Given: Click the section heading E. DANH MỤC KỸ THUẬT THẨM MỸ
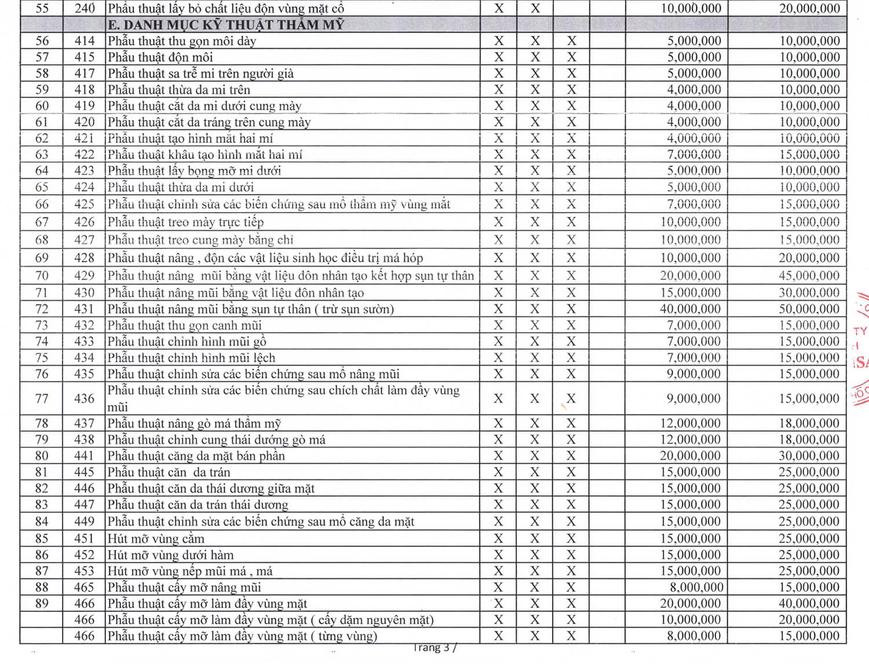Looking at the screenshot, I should click(226, 25).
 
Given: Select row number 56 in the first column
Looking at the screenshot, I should click(42, 41).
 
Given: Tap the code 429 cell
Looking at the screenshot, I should click(84, 276).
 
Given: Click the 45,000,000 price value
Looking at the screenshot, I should click(809, 276).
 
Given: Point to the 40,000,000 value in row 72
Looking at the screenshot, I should click(690, 309).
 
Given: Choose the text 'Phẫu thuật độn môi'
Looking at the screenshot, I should click(160, 57).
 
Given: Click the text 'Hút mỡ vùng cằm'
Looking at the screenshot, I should click(156, 538).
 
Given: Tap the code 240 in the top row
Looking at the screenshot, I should click(85, 9).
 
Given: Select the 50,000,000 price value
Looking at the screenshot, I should click(809, 309).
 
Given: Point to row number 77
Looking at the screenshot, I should click(42, 399).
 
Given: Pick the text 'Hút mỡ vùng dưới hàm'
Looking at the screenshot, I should click(170, 555).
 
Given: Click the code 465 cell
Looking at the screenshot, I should click(84, 587).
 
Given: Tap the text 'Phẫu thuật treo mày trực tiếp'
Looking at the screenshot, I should click(185, 222).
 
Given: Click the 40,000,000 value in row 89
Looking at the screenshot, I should click(809, 603).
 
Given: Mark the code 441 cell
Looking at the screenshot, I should click(84, 455).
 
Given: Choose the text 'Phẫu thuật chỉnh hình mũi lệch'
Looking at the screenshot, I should click(191, 358).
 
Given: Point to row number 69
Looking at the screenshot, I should click(42, 258).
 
